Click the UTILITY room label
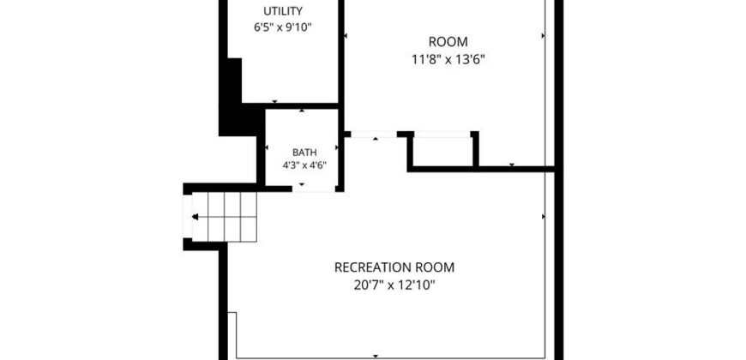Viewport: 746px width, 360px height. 283,11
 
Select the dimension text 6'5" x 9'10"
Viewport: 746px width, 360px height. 283,27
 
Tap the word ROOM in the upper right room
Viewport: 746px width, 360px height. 448,42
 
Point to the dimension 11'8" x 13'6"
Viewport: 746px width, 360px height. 448,60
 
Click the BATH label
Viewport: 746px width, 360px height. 304,153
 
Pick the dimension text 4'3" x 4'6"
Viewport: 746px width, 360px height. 304,166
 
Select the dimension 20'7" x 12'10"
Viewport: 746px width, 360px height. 395,285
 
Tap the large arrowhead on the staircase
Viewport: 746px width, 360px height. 195,217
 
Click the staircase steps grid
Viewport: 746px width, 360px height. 232,217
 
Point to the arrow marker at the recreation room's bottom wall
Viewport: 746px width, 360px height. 376,356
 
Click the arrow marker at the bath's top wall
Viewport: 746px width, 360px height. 302,111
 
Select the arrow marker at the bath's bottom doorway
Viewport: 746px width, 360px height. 302,184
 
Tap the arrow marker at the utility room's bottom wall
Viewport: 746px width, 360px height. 274,101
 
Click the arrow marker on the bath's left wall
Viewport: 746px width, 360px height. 267,147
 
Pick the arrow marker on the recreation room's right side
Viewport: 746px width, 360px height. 544,216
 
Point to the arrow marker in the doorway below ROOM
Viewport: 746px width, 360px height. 376,138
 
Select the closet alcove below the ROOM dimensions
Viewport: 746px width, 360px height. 442,151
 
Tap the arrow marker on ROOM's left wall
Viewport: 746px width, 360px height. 346,36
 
